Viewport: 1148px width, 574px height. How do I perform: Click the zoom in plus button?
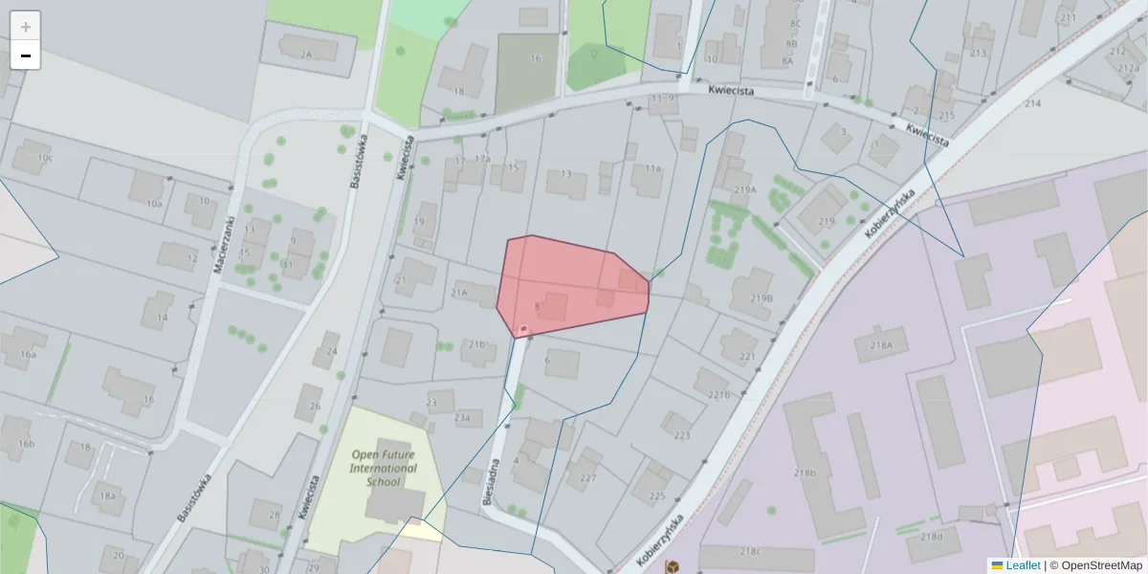pyautogui.click(x=26, y=27)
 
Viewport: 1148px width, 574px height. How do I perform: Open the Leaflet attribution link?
pyautogui.click(x=1022, y=565)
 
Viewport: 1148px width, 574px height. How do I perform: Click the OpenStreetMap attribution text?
pyautogui.click(x=1101, y=565)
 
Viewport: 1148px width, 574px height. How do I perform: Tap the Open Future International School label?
pyautogui.click(x=384, y=468)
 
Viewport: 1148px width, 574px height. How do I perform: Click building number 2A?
pyautogui.click(x=306, y=55)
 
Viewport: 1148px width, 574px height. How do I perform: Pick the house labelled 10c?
pyautogui.click(x=45, y=158)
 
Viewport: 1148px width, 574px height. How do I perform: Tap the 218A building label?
pyautogui.click(x=881, y=344)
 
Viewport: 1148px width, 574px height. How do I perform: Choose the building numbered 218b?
pyautogui.click(x=804, y=473)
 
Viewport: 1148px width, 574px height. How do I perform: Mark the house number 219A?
pyautogui.click(x=745, y=189)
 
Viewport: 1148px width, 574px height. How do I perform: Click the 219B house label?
pyautogui.click(x=761, y=298)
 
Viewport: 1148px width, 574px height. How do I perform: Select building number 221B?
pyautogui.click(x=718, y=394)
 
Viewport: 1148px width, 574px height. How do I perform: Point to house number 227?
pyautogui.click(x=587, y=477)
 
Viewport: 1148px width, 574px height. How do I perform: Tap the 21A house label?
pyautogui.click(x=459, y=292)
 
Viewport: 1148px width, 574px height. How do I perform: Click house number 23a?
pyautogui.click(x=462, y=417)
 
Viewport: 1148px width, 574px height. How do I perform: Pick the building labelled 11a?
pyautogui.click(x=652, y=168)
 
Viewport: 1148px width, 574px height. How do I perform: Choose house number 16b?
pyautogui.click(x=26, y=444)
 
